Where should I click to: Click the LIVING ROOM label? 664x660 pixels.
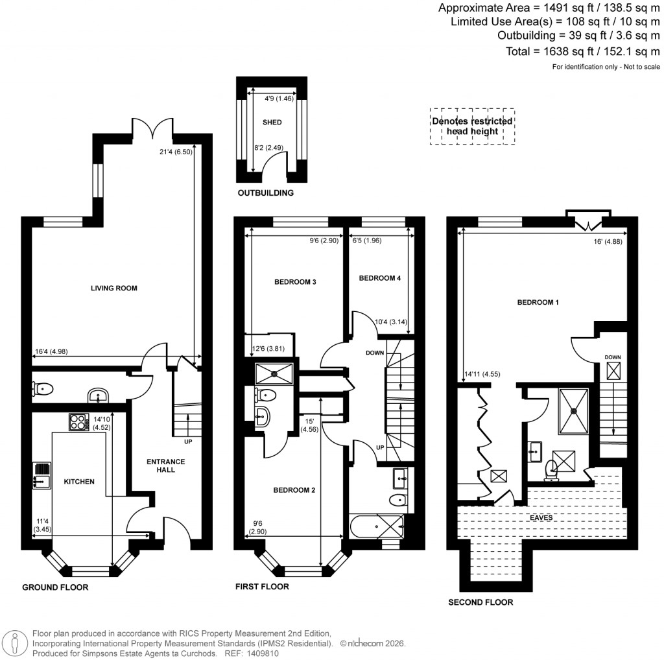(113, 288)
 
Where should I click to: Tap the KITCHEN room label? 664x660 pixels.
(78, 482)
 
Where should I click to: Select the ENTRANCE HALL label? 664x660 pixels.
(165, 466)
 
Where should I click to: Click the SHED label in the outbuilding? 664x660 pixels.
(272, 122)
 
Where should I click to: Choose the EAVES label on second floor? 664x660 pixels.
(541, 518)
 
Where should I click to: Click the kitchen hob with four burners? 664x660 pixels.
(78, 422)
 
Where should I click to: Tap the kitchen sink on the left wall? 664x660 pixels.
(42, 475)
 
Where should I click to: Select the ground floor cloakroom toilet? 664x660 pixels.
(41, 389)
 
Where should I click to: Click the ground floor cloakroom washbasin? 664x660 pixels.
(97, 395)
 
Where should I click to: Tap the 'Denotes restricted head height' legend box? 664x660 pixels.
(472, 126)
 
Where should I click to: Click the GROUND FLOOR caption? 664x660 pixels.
(55, 587)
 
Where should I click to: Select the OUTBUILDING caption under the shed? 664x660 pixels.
(265, 193)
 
